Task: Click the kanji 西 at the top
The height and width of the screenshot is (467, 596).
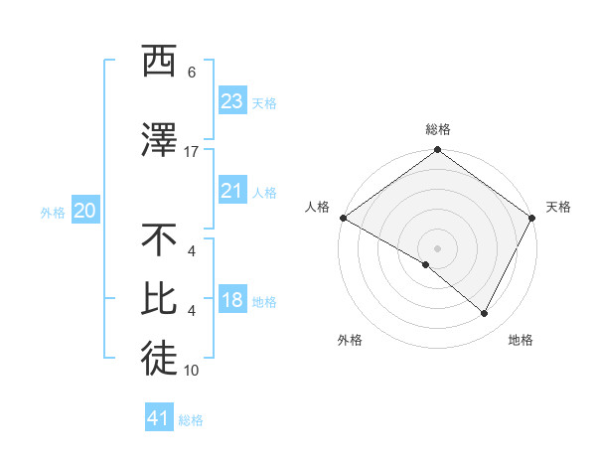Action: (x=160, y=63)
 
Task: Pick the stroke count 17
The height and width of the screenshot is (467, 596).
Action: (x=192, y=152)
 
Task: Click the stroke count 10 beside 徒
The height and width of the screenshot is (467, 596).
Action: (x=192, y=371)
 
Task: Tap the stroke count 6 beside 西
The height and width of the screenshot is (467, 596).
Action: (x=192, y=73)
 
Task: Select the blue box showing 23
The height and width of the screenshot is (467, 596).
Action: (x=231, y=101)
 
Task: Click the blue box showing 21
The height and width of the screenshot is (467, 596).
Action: (x=231, y=191)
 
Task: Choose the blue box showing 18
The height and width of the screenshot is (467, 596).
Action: (x=231, y=300)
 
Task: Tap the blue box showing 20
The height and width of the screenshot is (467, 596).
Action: (x=84, y=211)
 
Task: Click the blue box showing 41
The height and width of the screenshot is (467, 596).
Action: (x=159, y=418)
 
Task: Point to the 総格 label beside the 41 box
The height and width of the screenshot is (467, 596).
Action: (x=191, y=420)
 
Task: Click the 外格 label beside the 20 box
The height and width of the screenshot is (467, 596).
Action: (x=53, y=213)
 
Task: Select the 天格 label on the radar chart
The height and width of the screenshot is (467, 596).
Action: (x=558, y=207)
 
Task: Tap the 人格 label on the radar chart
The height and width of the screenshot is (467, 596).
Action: (x=317, y=207)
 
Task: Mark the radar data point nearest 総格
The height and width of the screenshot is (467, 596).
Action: (x=437, y=151)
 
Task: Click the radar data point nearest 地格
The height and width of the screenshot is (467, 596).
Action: (x=485, y=314)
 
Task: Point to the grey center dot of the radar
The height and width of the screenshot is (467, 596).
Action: (x=437, y=247)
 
